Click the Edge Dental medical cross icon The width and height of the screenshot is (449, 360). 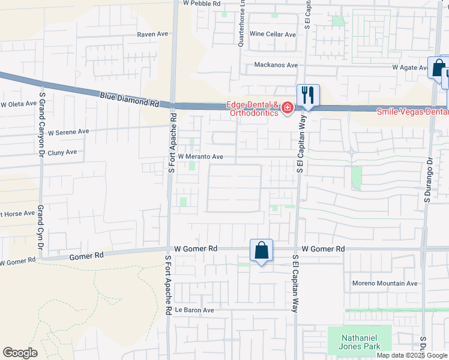coord(288,109)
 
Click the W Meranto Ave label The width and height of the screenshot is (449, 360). coord(200,157)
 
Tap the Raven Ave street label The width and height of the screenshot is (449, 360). coord(152,35)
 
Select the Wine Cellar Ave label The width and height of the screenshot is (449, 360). coord(273,35)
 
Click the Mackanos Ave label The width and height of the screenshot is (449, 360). coord(276,65)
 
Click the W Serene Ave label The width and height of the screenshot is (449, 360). coord(68,132)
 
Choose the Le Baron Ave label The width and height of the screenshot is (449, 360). coord(194,310)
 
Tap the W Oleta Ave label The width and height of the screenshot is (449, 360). coord(19,104)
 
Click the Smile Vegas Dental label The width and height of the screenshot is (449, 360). coord(412,112)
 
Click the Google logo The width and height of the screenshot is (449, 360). coord(20,353)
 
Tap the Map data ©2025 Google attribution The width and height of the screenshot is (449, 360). coord(411,355)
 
